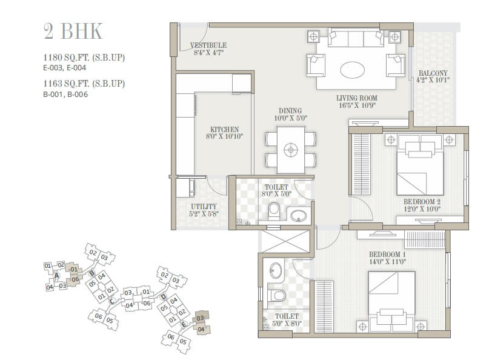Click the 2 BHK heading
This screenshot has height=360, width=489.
coord(73,30)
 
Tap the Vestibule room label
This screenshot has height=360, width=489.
coord(208,49)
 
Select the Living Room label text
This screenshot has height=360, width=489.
coord(356,101)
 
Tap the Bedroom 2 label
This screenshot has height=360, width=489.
coord(421,205)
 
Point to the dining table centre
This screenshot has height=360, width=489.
coord(291,148)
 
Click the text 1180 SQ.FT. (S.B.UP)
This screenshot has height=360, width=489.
coord(84,58)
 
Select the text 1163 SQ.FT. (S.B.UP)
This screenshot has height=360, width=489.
coord(84,84)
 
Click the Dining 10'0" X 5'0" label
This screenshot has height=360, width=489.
coord(288,115)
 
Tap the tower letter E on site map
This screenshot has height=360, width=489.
coord(184,324)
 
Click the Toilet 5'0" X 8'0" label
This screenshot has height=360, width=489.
coord(286,320)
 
